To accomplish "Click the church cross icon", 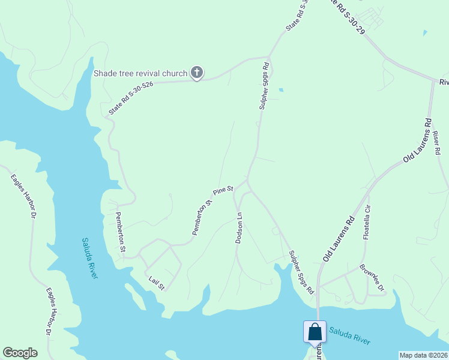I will [x=196, y=73].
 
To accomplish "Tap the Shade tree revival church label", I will [x=140, y=74].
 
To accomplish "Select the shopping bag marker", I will [x=315, y=332].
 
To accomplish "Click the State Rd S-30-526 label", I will [x=131, y=98].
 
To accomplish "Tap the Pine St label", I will [x=223, y=191].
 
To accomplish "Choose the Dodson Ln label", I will [x=239, y=227].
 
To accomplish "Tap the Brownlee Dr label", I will [x=372, y=278].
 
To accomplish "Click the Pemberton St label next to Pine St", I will [x=202, y=217].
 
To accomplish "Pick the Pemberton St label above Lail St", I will [x=121, y=232].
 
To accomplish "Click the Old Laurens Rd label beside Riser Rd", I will [x=418, y=139].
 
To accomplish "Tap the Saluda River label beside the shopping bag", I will [x=349, y=336].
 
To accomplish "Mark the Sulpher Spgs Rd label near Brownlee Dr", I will [x=301, y=272].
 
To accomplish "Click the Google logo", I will [x=20, y=353].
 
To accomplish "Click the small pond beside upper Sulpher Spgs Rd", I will [x=280, y=91].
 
